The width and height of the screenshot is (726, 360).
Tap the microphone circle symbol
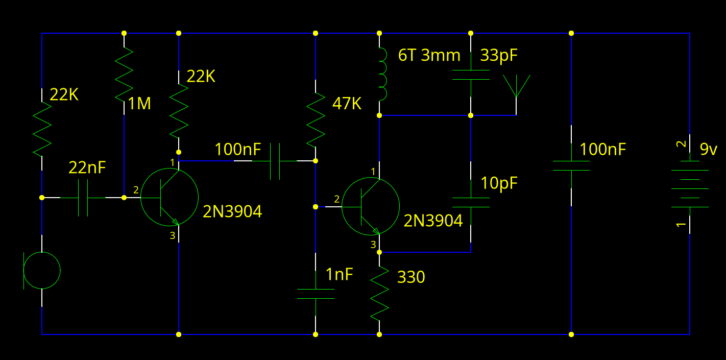pos(42,270)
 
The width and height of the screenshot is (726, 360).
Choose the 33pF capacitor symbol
pos(471,75)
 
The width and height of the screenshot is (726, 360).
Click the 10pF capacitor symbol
pos(471,202)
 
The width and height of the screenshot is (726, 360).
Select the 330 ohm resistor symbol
pos(379,293)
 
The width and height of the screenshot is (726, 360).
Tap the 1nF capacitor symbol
pos(316,293)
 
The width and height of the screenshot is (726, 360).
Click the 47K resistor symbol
pos(316,118)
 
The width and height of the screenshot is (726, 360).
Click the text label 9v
pos(709,150)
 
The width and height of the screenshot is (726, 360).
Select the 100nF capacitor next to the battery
pos(571,166)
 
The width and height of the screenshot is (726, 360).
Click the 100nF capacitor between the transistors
pos(275,161)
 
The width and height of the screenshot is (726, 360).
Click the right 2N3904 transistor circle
pos(370,206)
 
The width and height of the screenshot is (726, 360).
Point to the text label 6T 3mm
pos(429,55)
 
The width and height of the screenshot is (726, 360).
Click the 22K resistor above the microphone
pos(42,129)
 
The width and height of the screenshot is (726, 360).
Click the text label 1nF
pos(340,275)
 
